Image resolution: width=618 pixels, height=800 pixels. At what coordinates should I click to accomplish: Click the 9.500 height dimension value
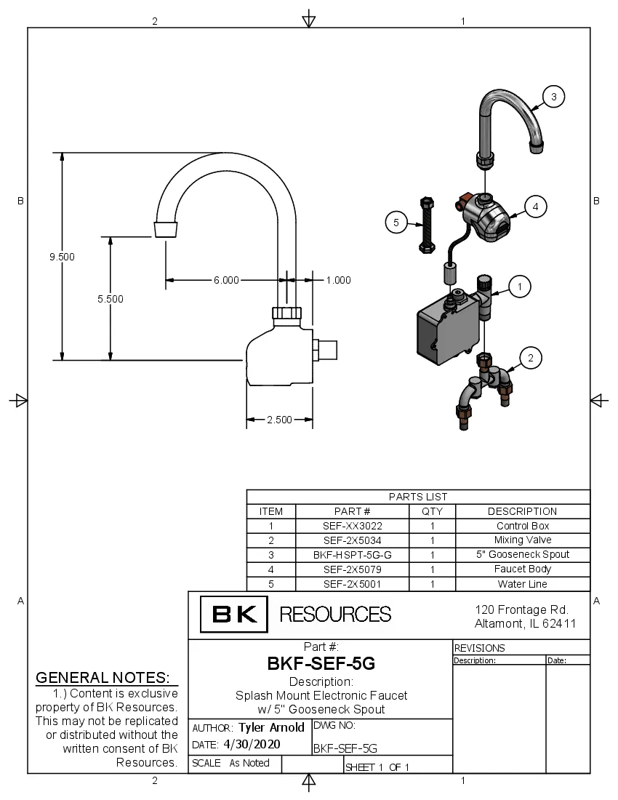(x=63, y=257)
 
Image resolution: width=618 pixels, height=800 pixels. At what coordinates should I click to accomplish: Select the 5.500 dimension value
(x=111, y=298)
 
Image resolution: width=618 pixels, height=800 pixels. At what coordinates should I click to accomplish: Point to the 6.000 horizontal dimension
(x=226, y=279)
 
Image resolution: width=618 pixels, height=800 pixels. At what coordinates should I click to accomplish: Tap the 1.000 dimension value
(x=338, y=279)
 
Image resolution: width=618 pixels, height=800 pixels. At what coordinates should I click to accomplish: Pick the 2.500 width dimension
(x=279, y=420)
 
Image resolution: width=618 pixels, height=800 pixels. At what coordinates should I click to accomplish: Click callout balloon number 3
(x=554, y=96)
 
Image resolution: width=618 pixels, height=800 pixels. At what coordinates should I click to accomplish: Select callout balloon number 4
(x=535, y=207)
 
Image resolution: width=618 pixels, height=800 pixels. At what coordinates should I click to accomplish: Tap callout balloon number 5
(x=396, y=223)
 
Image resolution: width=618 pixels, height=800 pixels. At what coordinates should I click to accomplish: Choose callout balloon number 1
(x=519, y=287)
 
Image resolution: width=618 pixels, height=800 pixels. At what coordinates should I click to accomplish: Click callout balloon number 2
(x=531, y=358)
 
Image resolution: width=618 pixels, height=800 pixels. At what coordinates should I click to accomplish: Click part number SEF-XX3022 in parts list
(x=352, y=526)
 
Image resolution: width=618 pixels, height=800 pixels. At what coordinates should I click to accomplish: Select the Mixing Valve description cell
(x=522, y=540)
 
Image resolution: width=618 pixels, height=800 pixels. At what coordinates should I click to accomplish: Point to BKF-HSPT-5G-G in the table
(x=352, y=555)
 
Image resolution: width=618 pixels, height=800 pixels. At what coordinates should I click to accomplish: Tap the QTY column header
(x=432, y=511)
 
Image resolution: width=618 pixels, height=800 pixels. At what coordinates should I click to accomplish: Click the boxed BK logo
(x=234, y=615)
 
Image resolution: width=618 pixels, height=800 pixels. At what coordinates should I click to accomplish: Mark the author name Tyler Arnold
(x=271, y=727)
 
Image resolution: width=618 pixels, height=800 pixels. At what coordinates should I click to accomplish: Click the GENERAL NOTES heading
(x=103, y=678)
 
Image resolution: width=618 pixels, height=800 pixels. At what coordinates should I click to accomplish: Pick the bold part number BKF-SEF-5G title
(x=321, y=663)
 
